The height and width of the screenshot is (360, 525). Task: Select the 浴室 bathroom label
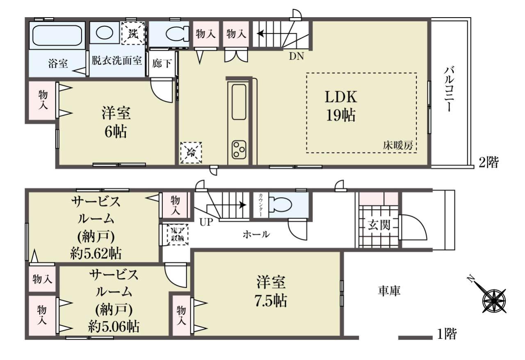tap(58, 64)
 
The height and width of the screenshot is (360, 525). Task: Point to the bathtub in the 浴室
tap(57, 35)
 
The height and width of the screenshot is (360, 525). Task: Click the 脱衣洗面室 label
tap(117, 60)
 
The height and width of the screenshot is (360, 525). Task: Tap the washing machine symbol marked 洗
tap(133, 33)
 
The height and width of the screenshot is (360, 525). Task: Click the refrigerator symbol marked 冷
tap(191, 153)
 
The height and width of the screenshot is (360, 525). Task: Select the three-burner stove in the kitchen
tap(239, 150)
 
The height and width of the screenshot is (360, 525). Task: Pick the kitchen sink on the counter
tap(239, 102)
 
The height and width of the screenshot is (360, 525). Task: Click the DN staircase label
tap(296, 56)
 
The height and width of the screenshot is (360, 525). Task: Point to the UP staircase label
tap(206, 222)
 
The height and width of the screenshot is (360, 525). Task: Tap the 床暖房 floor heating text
tap(398, 146)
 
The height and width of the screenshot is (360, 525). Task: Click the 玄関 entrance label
tap(379, 225)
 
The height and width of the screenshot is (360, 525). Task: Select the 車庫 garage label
tap(389, 291)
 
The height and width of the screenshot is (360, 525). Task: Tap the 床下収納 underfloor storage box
tap(178, 235)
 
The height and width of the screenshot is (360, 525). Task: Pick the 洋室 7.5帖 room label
tap(271, 292)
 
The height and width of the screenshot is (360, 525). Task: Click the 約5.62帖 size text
tap(96, 253)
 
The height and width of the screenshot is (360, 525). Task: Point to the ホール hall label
tap(256, 234)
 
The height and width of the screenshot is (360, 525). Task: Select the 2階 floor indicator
tap(488, 162)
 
